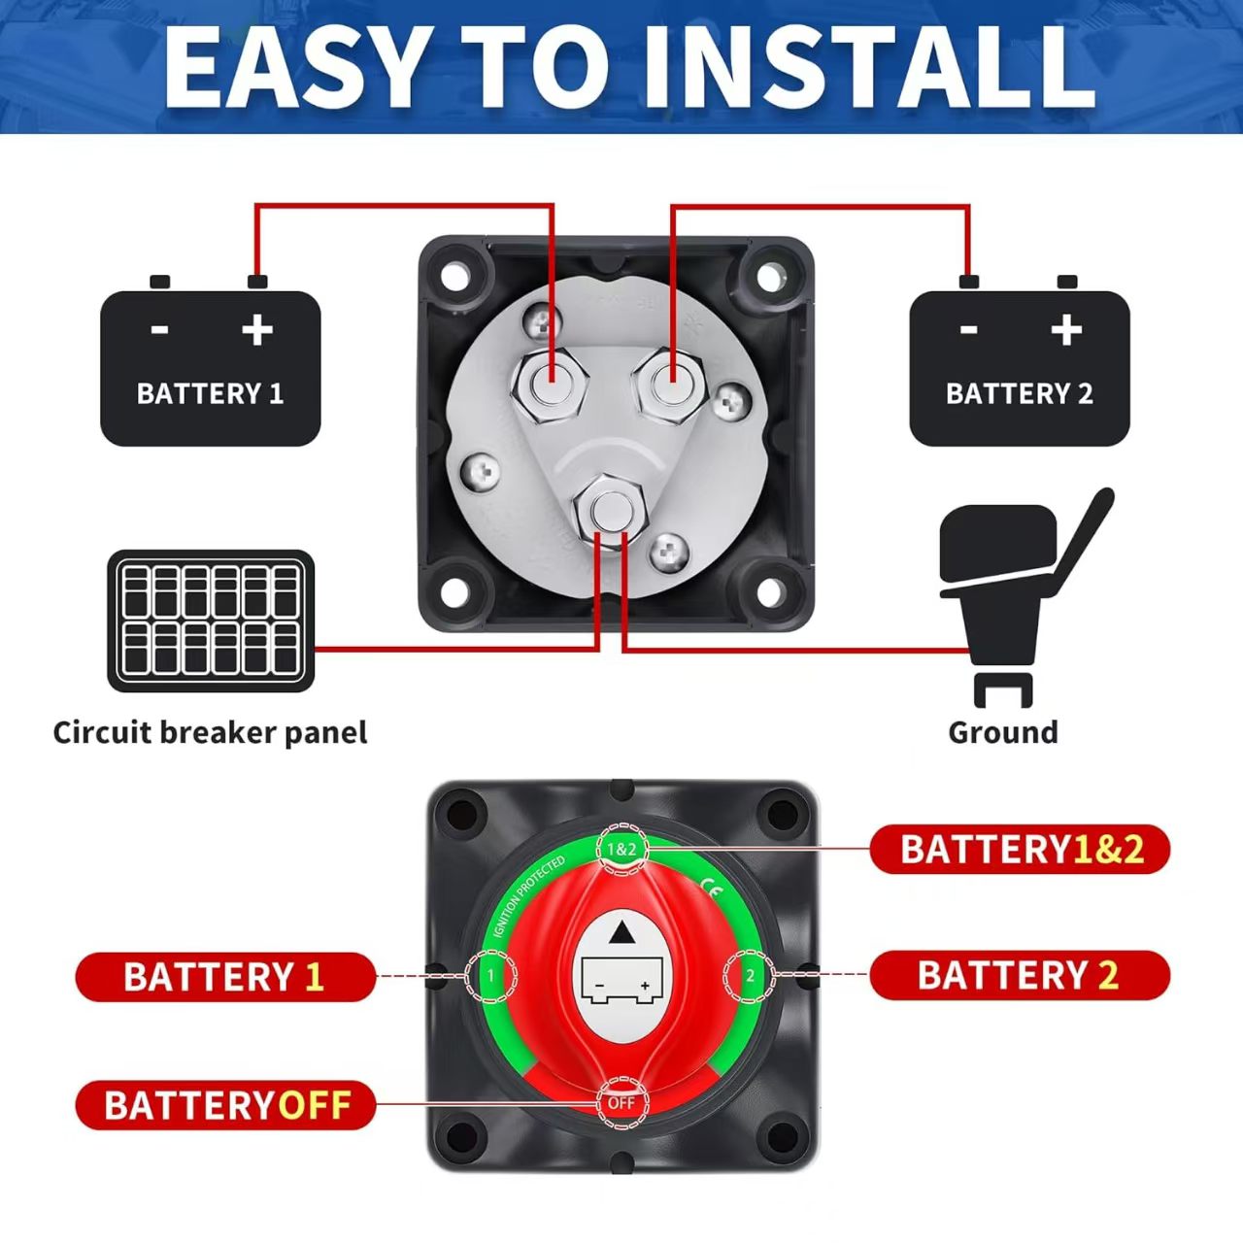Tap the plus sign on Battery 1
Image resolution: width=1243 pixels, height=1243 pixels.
pyautogui.click(x=257, y=330)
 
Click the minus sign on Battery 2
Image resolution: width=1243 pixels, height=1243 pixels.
pyautogui.click(x=968, y=330)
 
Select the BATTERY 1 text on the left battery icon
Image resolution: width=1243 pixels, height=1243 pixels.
pyautogui.click(x=210, y=393)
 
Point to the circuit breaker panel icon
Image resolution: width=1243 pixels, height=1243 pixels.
pyautogui.click(x=210, y=621)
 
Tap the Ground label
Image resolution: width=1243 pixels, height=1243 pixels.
pyautogui.click(x=1003, y=732)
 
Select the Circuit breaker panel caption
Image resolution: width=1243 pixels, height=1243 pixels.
pyautogui.click(x=210, y=732)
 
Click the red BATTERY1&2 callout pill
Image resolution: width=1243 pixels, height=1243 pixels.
pyautogui.click(x=1020, y=850)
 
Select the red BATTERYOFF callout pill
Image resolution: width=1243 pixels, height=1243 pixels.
pyautogui.click(x=225, y=1105)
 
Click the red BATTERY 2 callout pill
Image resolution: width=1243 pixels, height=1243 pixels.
pyautogui.click(x=1020, y=975)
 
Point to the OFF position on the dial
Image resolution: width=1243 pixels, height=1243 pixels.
pyautogui.click(x=621, y=1103)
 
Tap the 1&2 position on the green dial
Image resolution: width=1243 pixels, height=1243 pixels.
pyautogui.click(x=621, y=849)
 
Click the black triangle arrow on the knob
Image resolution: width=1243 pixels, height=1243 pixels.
pyautogui.click(x=621, y=934)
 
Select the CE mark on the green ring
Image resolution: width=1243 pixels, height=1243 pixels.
pyautogui.click(x=711, y=886)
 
